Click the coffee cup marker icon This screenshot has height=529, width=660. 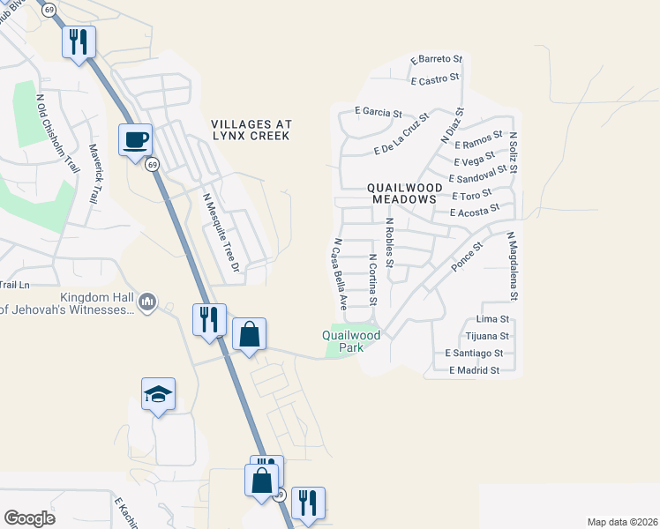[x=135, y=140]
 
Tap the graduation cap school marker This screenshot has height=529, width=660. [x=158, y=394]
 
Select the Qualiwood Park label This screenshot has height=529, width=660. [x=351, y=340]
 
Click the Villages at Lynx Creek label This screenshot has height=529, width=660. [x=251, y=130]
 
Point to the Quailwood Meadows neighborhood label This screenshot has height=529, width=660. [x=403, y=194]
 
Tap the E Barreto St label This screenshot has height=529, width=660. [x=437, y=59]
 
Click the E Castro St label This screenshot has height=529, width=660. [x=435, y=79]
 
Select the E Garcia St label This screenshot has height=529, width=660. [x=378, y=113]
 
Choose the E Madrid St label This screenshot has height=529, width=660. [x=474, y=370]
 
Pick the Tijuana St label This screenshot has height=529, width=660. [x=487, y=336]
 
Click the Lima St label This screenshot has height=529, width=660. [x=493, y=318]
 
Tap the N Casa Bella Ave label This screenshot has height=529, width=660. [x=339, y=272]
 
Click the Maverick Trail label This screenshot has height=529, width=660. [x=93, y=175]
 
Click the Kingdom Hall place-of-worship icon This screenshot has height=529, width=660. [x=147, y=302]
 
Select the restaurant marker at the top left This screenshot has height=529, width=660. [x=79, y=41]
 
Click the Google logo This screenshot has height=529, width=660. [x=29, y=518]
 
